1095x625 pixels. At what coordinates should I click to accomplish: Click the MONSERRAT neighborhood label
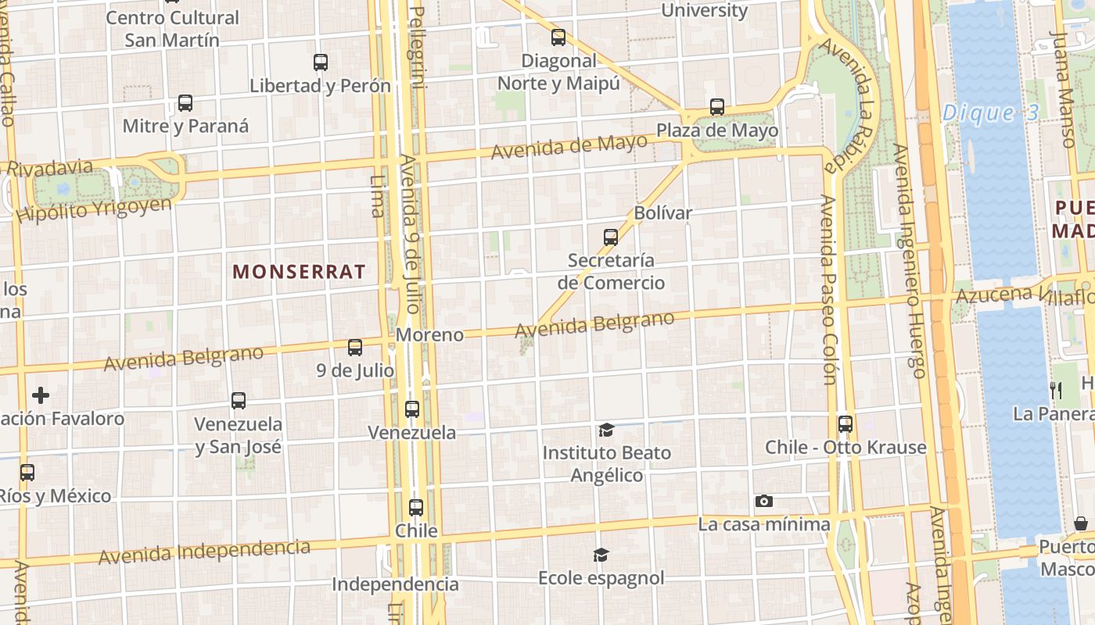299,272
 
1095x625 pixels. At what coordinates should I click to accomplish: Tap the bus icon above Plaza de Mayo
717,107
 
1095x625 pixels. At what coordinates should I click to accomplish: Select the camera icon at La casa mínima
764,501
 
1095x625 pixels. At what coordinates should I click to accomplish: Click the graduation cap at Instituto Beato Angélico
606,430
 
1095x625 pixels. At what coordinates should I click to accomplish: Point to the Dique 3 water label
990,113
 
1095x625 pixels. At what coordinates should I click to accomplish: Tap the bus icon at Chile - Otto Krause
845,424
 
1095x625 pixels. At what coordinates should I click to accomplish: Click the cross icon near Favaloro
41,395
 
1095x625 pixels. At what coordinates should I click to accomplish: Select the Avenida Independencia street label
204,552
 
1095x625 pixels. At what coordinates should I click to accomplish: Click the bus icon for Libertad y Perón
321,62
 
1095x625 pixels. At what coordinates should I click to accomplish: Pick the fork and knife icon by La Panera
1056,390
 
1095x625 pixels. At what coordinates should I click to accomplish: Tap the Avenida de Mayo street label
569,146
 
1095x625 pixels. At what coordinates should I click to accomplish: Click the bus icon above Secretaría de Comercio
611,237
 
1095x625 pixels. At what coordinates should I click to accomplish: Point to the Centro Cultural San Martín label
172,28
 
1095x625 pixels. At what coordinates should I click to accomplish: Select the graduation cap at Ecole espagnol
601,555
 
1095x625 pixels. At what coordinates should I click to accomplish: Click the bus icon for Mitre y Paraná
185,103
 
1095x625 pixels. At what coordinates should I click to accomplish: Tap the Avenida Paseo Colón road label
828,289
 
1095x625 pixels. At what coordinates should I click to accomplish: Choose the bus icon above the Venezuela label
412,409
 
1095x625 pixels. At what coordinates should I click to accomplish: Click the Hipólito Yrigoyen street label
94,209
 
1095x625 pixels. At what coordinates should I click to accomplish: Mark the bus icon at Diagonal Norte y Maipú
558,37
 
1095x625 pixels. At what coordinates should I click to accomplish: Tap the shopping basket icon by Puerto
1081,523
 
